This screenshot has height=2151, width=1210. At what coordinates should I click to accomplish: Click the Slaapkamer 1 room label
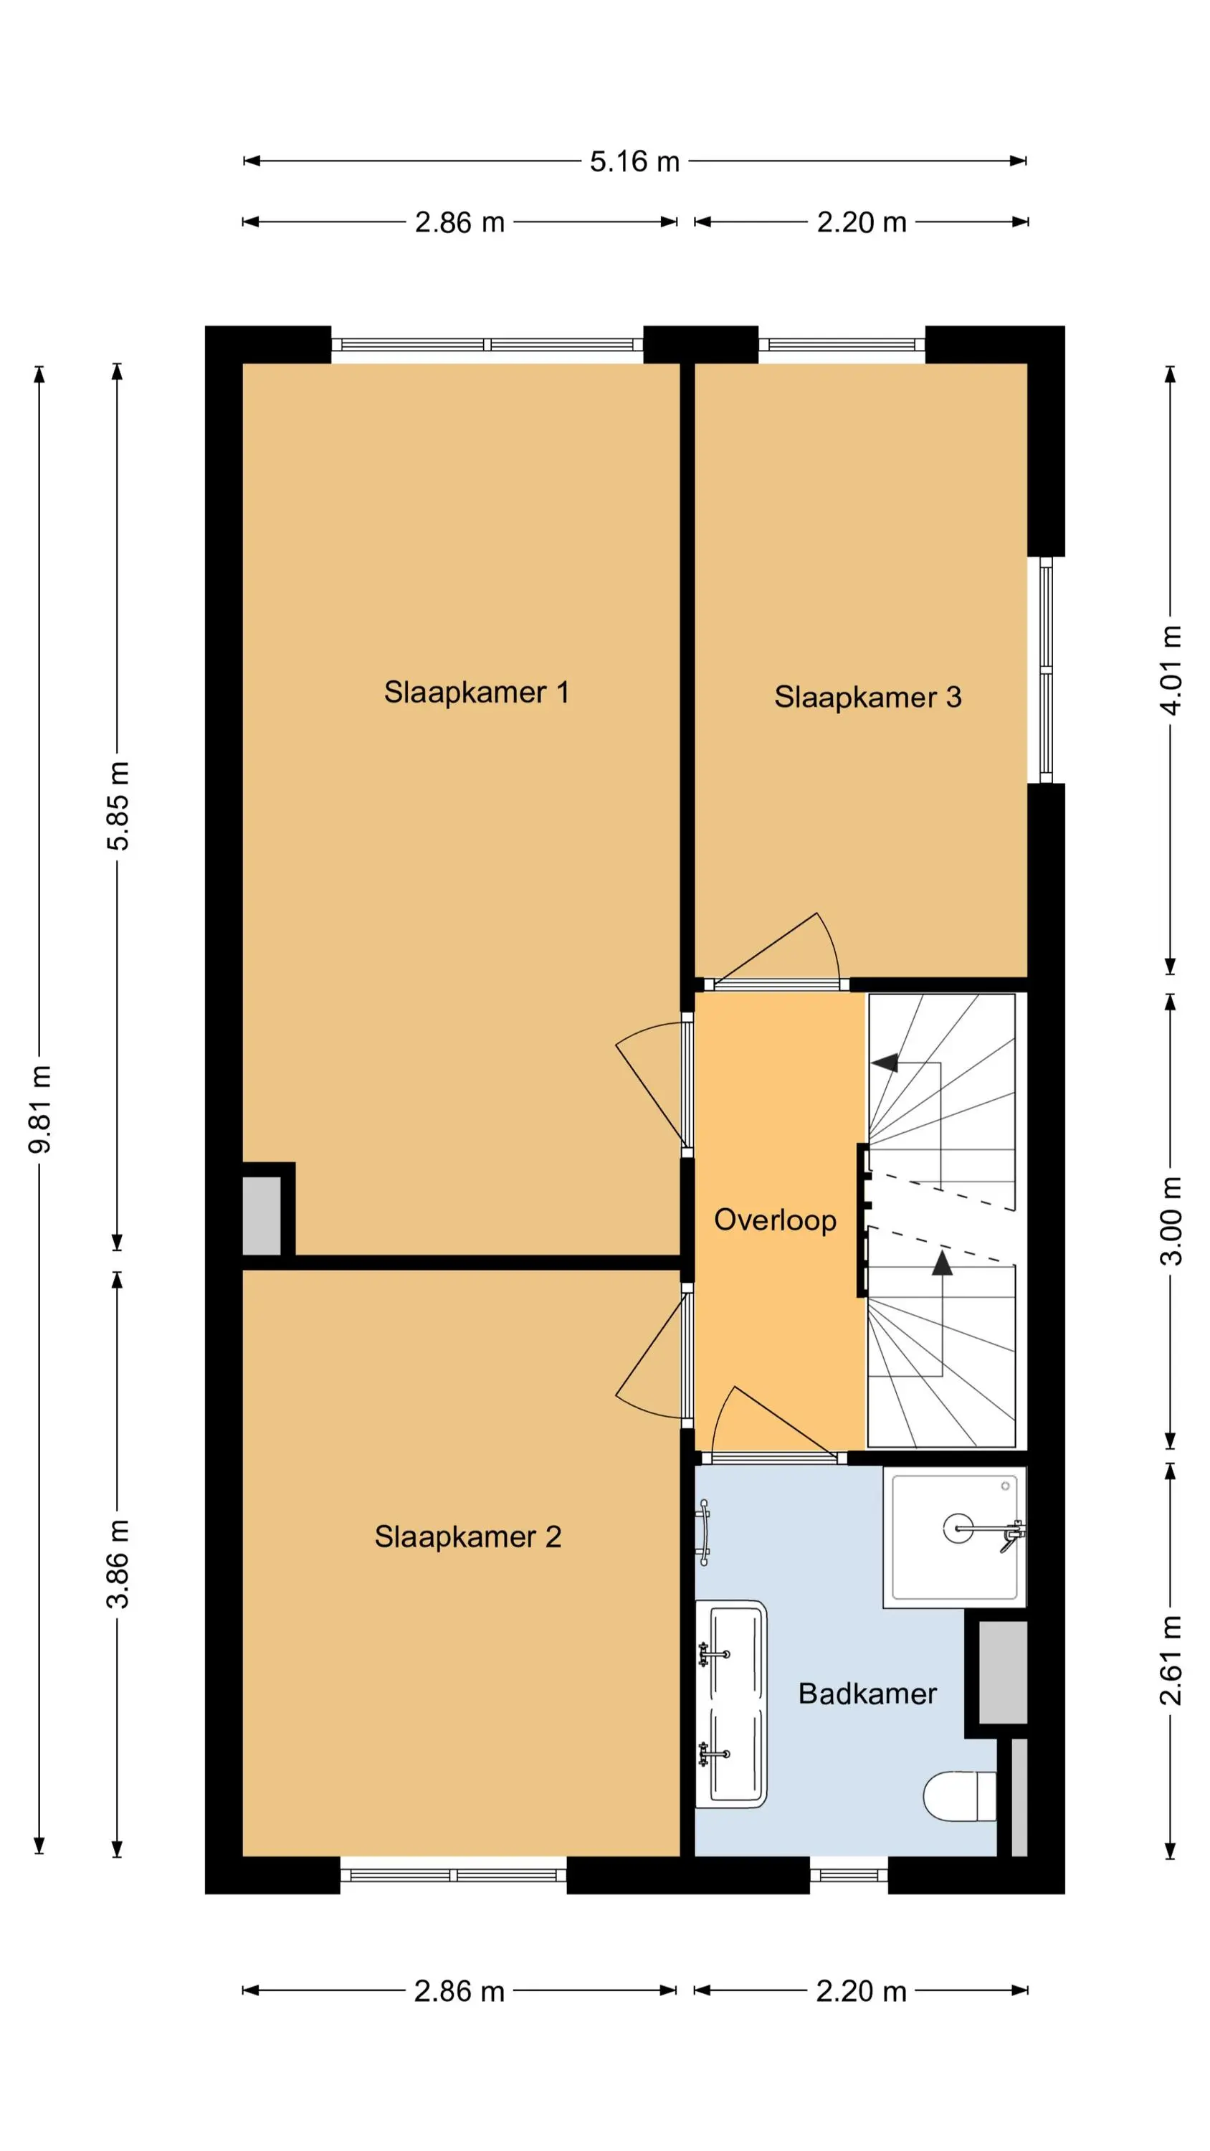(476, 692)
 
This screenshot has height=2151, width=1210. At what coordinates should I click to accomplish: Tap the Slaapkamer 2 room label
(467, 1537)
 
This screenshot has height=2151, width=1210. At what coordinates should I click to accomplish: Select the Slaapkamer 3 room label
(867, 697)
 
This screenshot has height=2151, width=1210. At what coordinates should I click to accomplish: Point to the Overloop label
(775, 1220)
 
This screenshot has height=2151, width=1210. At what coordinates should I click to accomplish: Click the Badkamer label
(867, 1694)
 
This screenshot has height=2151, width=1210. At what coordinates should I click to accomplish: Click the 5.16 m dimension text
(634, 161)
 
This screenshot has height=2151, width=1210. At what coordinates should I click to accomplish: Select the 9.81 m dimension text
(40, 1110)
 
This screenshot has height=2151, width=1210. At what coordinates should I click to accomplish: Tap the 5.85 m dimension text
(118, 806)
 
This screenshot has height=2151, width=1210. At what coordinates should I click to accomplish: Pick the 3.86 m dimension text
(118, 1564)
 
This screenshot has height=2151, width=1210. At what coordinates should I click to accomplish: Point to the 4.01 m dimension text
(1171, 670)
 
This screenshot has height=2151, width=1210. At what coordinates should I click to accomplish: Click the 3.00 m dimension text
(1171, 1221)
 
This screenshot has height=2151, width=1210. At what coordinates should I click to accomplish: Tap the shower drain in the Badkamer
(958, 1528)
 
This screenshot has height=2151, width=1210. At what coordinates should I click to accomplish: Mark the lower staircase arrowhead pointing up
(942, 1263)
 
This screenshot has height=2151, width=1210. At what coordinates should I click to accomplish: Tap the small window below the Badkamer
(849, 1876)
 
